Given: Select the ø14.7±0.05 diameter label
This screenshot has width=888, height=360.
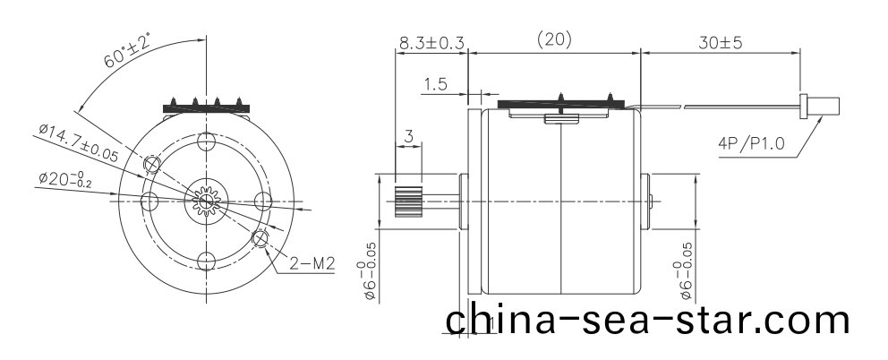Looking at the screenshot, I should (78, 142).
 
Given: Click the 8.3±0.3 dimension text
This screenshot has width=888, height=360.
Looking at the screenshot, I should (431, 41).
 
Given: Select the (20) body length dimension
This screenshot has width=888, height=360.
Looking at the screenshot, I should (553, 40).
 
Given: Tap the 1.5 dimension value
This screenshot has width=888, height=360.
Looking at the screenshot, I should (436, 85).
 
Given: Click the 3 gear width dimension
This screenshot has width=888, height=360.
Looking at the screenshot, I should (408, 136).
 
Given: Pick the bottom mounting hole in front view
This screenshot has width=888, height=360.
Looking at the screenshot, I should (207, 261).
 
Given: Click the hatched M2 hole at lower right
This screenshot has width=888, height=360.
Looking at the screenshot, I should (260, 238).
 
